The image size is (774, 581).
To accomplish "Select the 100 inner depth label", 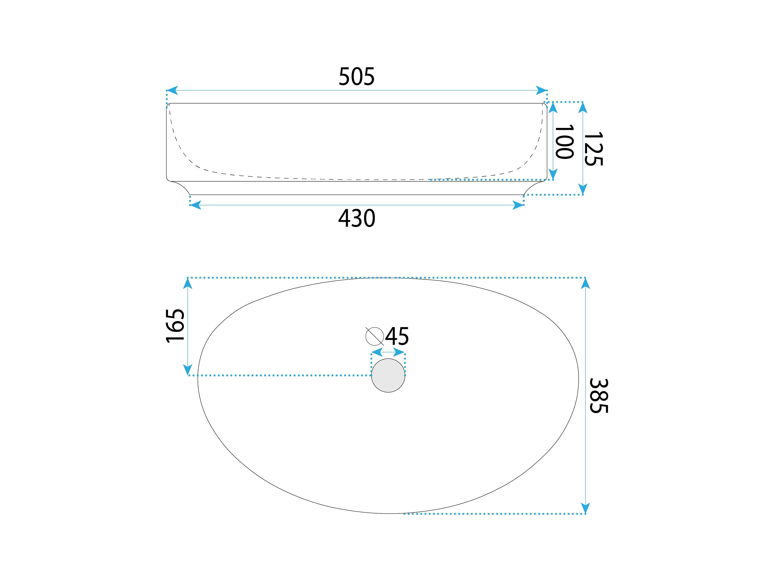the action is pyautogui.click(x=564, y=142).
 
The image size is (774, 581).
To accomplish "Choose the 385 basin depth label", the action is pyautogui.click(x=599, y=396).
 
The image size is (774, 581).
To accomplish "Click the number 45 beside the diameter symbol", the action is pyautogui.click(x=397, y=336).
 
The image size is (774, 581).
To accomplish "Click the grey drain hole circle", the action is pyautogui.click(x=388, y=375).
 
